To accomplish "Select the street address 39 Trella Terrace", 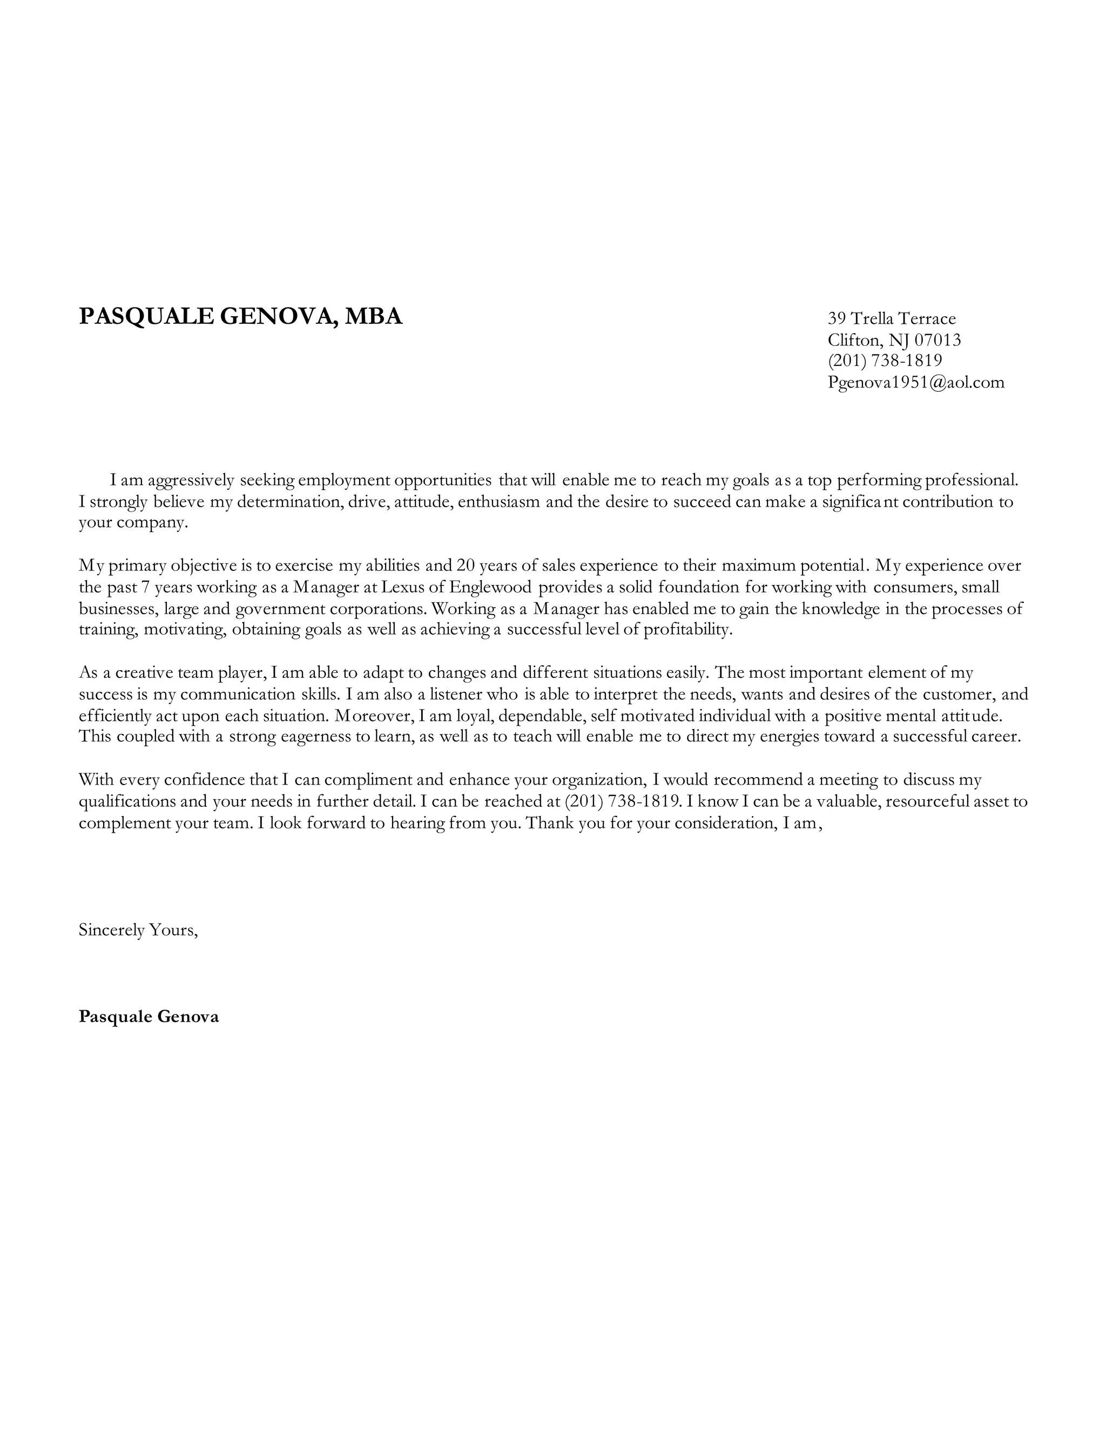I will point(891,319).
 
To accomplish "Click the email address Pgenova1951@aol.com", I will point(915,383).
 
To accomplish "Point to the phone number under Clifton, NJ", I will point(885,361).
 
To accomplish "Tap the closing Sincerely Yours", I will point(138,930).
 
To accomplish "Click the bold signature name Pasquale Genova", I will point(149,1016).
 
